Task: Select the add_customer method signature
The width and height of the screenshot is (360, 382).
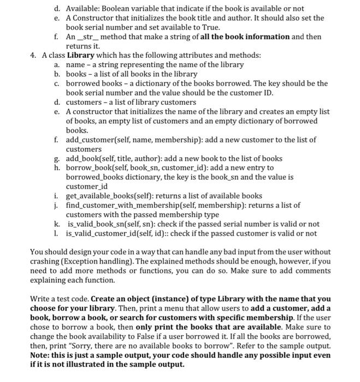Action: [133, 140]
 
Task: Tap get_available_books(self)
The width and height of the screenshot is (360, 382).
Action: [110, 196]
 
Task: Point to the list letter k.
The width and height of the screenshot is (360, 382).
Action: [57, 224]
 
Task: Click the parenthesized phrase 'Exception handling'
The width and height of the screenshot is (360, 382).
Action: [87, 261]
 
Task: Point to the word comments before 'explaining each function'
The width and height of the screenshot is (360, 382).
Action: [315, 271]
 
